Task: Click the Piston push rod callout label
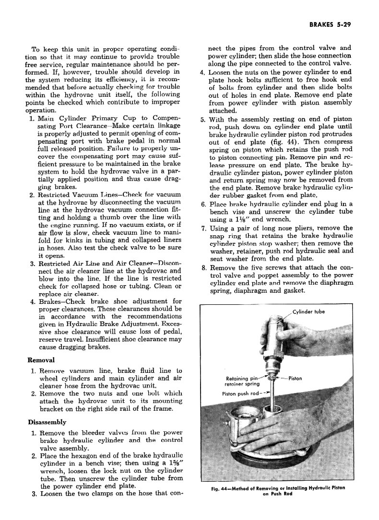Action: click(x=240, y=394)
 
